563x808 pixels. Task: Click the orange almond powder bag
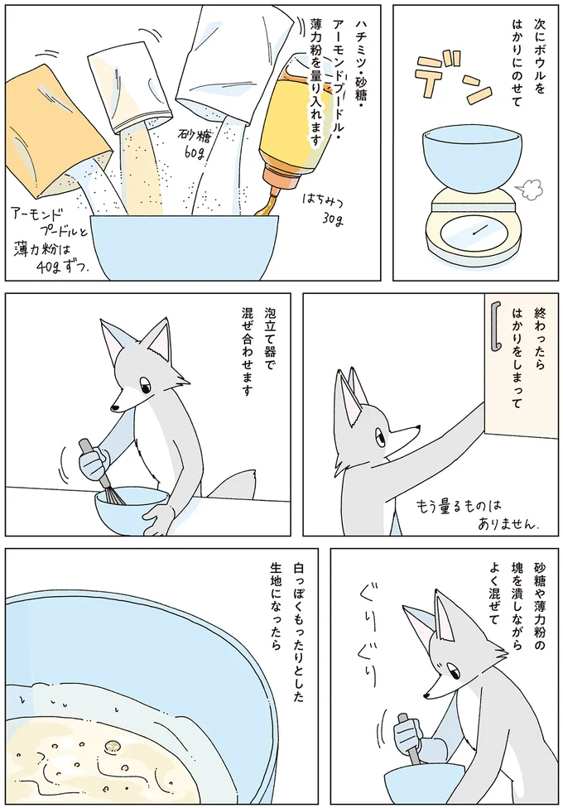(x=54, y=124)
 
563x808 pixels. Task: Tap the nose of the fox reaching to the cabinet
(x=417, y=428)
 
